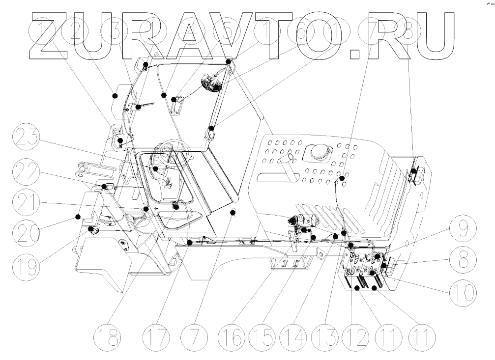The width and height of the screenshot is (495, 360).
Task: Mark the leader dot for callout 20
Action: (78, 216)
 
